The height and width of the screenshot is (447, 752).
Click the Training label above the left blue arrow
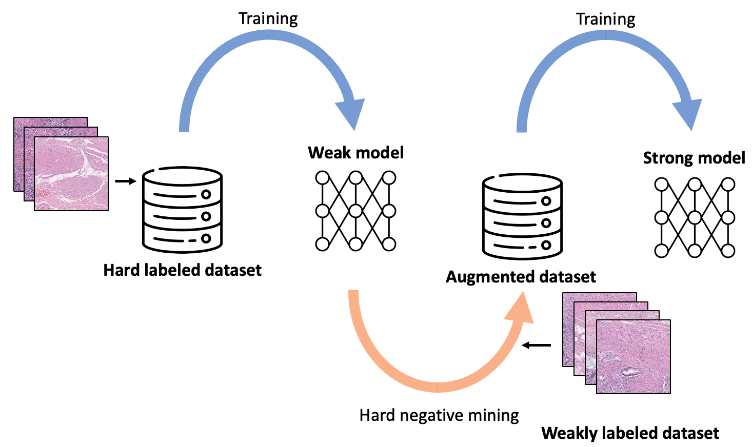[268, 19]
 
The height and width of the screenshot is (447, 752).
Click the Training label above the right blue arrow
[605, 19]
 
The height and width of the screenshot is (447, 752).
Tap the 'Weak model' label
[355, 153]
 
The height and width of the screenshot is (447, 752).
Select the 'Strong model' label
[694, 158]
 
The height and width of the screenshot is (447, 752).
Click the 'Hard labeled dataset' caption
[182, 270]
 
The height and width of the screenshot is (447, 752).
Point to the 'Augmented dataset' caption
[520, 277]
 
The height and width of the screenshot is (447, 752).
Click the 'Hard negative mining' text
[439, 415]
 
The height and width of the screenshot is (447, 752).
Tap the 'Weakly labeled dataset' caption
[630, 433]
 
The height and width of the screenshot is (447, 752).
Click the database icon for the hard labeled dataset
[182, 210]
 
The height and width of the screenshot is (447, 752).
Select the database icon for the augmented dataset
[522, 217]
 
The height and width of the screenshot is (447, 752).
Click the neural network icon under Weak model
[355, 211]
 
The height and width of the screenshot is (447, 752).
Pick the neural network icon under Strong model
[695, 217]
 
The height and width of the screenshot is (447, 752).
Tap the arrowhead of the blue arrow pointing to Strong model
[688, 114]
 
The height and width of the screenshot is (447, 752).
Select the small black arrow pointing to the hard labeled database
[126, 181]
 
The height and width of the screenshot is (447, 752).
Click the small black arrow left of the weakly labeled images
[536, 345]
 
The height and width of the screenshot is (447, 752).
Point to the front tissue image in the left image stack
[71, 173]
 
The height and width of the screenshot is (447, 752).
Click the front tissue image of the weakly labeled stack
[633, 357]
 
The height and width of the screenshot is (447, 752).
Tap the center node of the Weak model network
[355, 211]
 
